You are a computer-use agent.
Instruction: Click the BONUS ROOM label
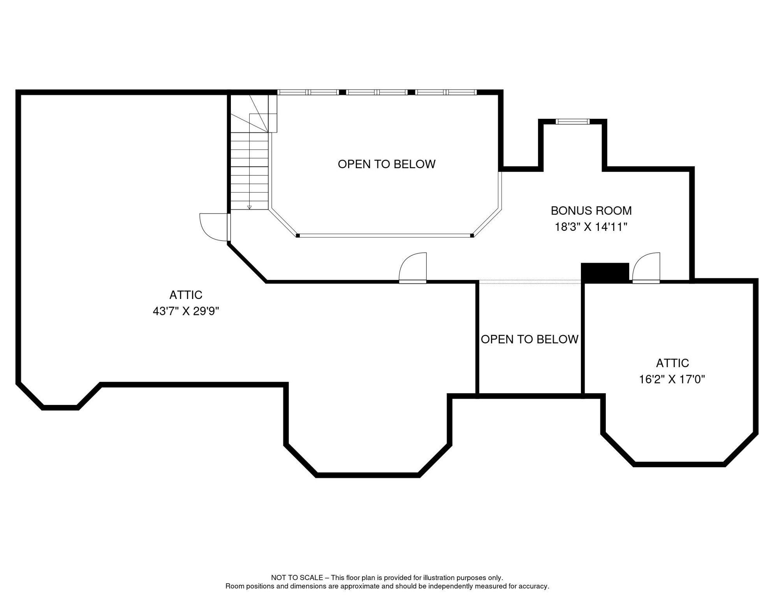point(591,211)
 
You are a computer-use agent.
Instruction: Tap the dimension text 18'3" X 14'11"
point(591,227)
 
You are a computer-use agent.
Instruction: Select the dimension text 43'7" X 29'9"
point(186,311)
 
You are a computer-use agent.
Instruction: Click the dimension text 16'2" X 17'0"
point(672,379)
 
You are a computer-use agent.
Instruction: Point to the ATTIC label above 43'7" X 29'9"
point(186,295)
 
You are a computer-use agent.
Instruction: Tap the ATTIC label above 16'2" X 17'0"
point(672,363)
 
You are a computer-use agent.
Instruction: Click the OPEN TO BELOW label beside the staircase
point(386,164)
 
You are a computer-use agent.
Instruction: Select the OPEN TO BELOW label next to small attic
point(529,339)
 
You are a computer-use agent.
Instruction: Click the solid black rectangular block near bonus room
point(604,272)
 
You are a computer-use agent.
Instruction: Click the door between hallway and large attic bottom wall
point(413,268)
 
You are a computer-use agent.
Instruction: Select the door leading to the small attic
point(646,268)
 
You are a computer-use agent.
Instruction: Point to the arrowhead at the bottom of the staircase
point(250,208)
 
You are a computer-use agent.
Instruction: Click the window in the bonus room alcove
point(572,122)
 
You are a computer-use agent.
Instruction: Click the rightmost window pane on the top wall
point(462,92)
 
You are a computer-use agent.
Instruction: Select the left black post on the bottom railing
point(298,236)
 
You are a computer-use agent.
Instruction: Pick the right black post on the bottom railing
point(472,236)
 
